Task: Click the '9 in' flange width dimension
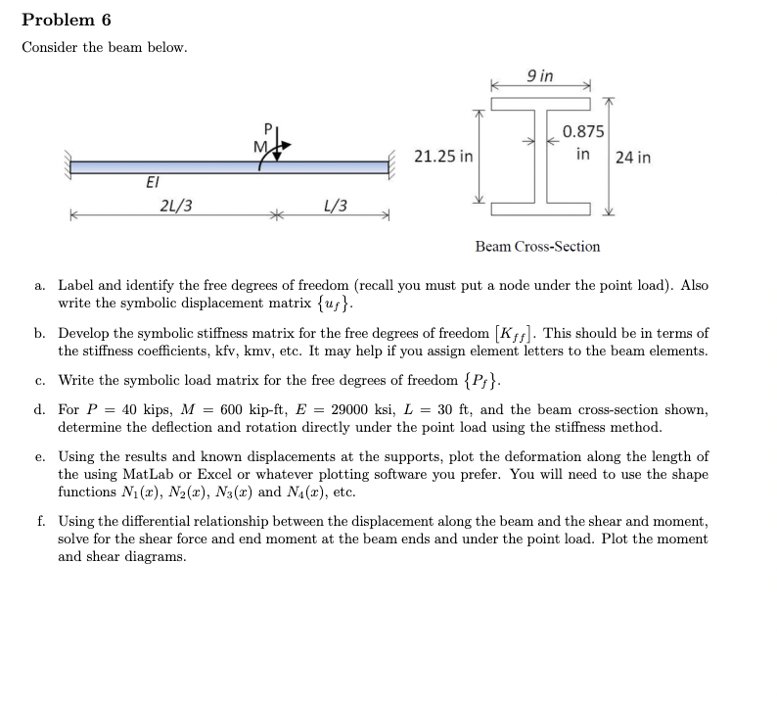(539, 75)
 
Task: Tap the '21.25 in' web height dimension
(443, 157)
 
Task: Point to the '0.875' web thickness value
(583, 132)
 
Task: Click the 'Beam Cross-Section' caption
(537, 247)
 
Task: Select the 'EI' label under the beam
(152, 181)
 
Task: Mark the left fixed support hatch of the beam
(68, 165)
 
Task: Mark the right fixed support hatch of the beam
(396, 165)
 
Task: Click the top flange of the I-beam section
(540, 104)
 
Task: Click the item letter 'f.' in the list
(39, 522)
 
